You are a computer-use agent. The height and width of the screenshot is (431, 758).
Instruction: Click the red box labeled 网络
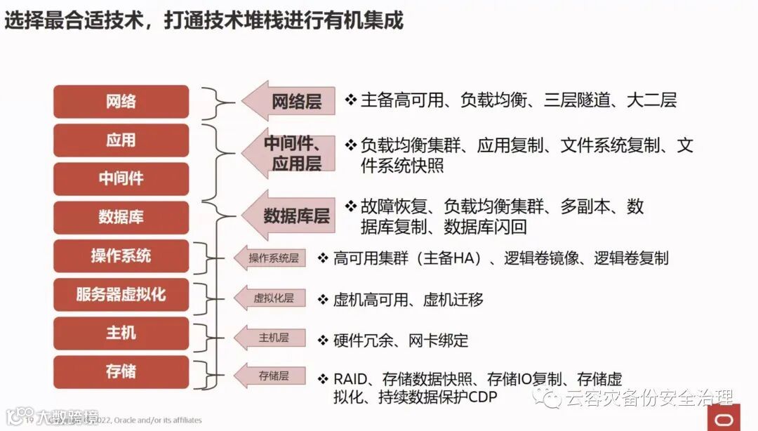(x=121, y=102)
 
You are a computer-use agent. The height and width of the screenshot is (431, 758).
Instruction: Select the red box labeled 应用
(x=121, y=140)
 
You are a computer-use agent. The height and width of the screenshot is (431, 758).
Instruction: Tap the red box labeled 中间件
(x=121, y=179)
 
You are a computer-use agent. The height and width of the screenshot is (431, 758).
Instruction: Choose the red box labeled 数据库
(x=121, y=218)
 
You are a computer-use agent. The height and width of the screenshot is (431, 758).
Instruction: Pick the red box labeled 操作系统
(x=121, y=256)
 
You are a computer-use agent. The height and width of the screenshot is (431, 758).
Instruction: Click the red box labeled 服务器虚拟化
(x=121, y=294)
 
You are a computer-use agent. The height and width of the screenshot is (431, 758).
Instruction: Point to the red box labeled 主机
(x=121, y=333)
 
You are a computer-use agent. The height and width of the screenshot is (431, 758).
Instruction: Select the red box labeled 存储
(x=121, y=371)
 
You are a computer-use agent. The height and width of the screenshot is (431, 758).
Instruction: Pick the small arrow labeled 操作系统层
(x=270, y=258)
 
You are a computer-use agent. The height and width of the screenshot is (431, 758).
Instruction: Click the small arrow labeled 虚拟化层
(x=270, y=298)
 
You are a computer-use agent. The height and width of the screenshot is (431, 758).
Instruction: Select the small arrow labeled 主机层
(x=270, y=338)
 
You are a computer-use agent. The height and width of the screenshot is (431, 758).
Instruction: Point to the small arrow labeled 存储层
(x=270, y=376)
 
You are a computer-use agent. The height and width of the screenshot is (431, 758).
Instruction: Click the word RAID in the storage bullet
(x=350, y=379)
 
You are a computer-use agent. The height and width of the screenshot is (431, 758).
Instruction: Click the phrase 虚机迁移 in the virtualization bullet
(x=453, y=300)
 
